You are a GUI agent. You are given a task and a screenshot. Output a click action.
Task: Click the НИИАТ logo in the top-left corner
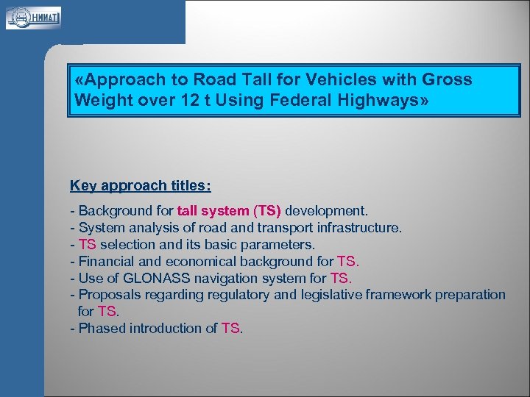pyautogui.click(x=33, y=17)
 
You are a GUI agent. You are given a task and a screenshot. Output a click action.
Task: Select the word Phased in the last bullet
pyautogui.click(x=102, y=329)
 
